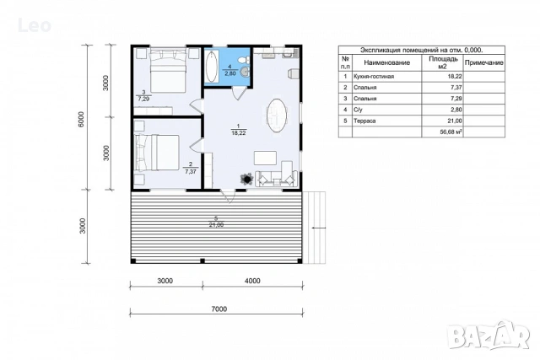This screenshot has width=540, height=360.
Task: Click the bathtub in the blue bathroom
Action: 212,67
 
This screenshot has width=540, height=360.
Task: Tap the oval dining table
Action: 277,116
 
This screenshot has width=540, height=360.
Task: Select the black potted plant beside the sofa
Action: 246,179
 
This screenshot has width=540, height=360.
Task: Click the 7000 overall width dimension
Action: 219,309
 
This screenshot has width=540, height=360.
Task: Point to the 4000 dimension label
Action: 252,281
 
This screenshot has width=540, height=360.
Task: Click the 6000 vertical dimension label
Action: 81,119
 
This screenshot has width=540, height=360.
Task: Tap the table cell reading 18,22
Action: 455,77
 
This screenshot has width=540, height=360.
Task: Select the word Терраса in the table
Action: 364,121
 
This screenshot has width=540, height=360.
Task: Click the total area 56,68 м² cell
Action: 451,132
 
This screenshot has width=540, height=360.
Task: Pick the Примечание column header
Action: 483,62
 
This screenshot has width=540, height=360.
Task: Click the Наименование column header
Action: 386,62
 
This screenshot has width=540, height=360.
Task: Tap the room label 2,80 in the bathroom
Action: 230,73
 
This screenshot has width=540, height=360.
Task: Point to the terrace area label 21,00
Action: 216,225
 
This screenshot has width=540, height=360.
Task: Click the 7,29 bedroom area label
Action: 143,99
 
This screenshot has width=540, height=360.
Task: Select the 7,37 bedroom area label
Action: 191,171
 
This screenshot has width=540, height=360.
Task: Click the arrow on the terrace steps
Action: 318,228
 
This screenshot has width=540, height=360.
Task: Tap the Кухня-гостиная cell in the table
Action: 374,77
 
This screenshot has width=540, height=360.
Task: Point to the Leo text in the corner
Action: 35,26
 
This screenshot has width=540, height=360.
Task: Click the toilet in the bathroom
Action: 244,60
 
